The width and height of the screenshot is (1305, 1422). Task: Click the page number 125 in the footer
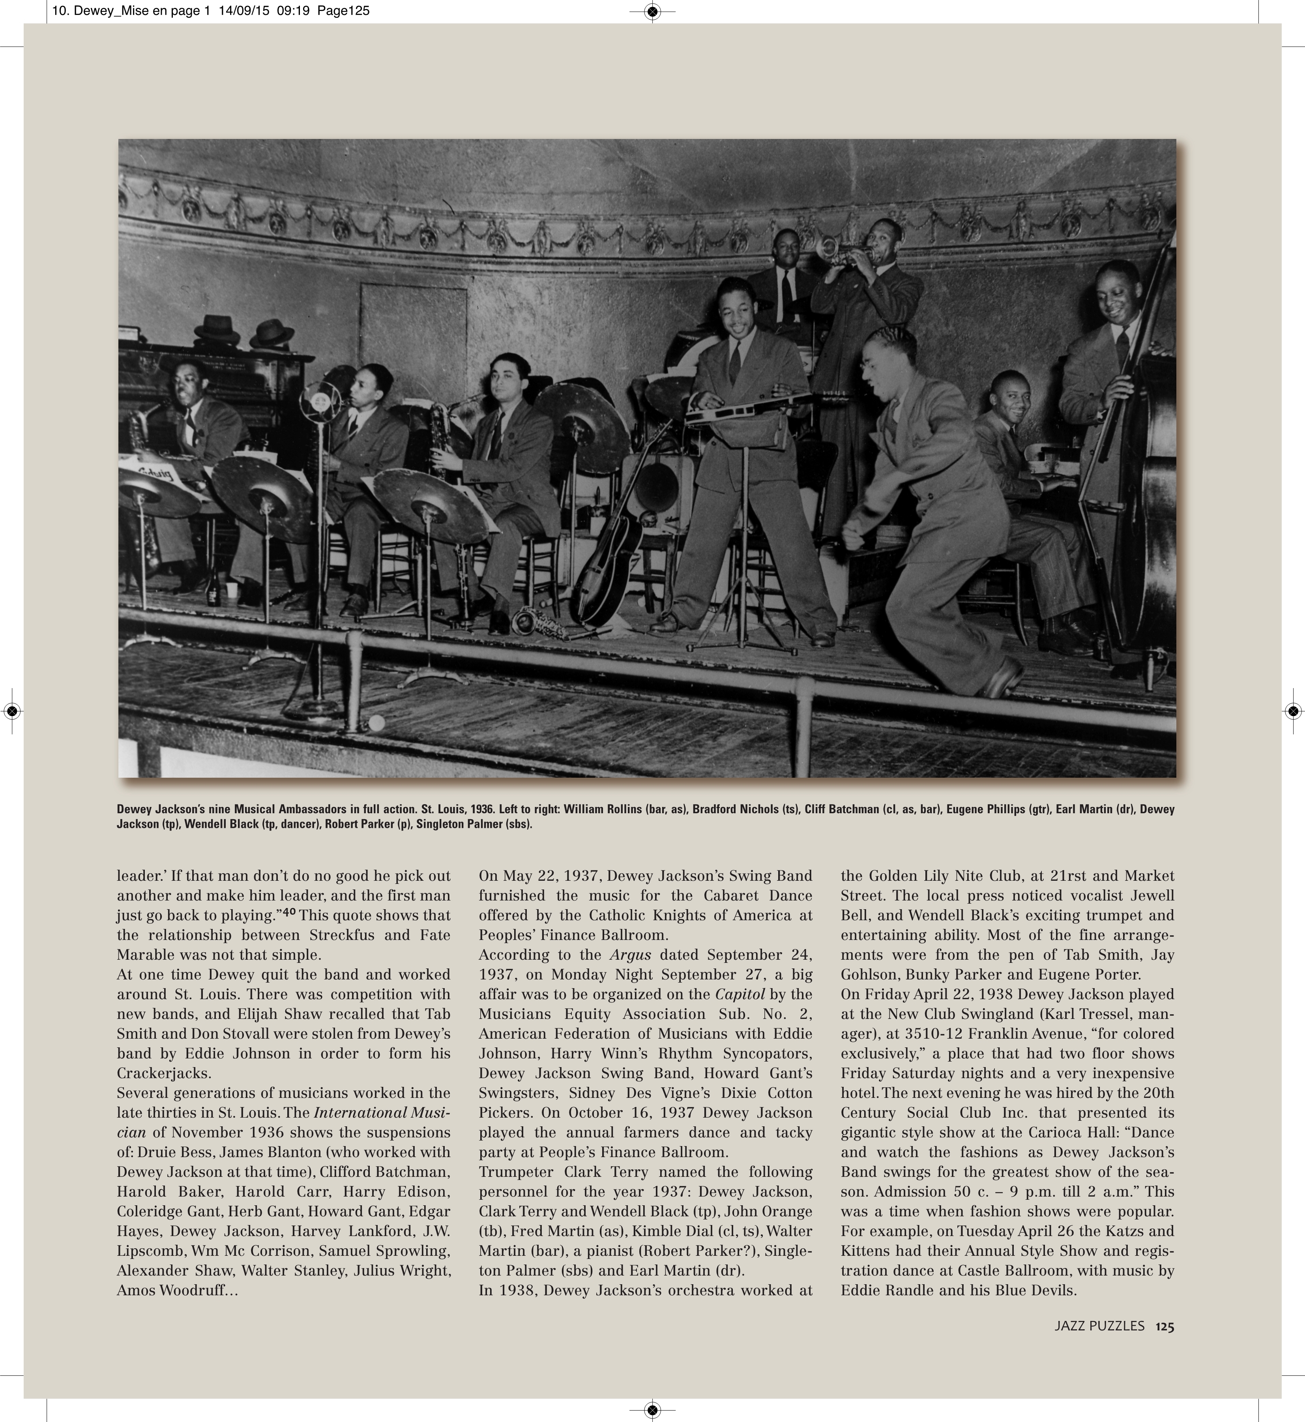[1165, 1326]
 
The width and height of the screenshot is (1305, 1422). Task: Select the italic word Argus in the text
[631, 955]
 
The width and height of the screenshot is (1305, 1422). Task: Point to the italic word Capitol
[740, 994]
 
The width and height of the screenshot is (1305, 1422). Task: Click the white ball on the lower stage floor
[376, 723]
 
